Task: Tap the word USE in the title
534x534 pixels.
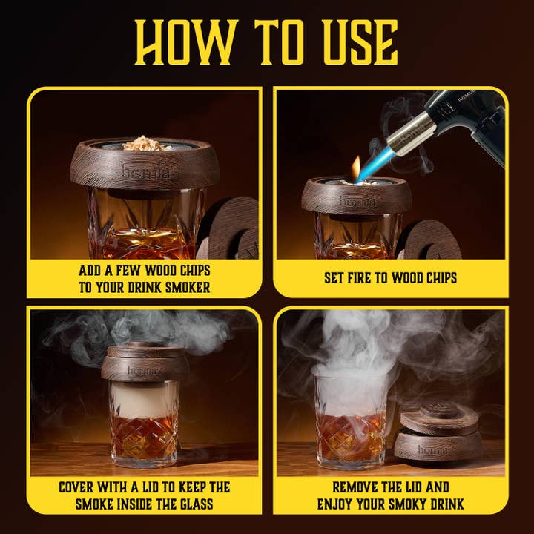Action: point(360,42)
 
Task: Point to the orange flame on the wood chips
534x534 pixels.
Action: point(356,168)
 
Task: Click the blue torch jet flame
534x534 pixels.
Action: point(377,164)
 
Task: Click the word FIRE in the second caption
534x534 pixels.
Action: point(360,278)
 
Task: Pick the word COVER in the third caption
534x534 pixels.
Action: point(76,487)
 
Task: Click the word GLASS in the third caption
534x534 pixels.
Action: point(196,504)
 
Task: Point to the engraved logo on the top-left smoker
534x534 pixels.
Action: point(146,171)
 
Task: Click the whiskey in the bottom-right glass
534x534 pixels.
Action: point(350,435)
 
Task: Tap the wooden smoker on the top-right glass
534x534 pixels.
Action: point(357,196)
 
